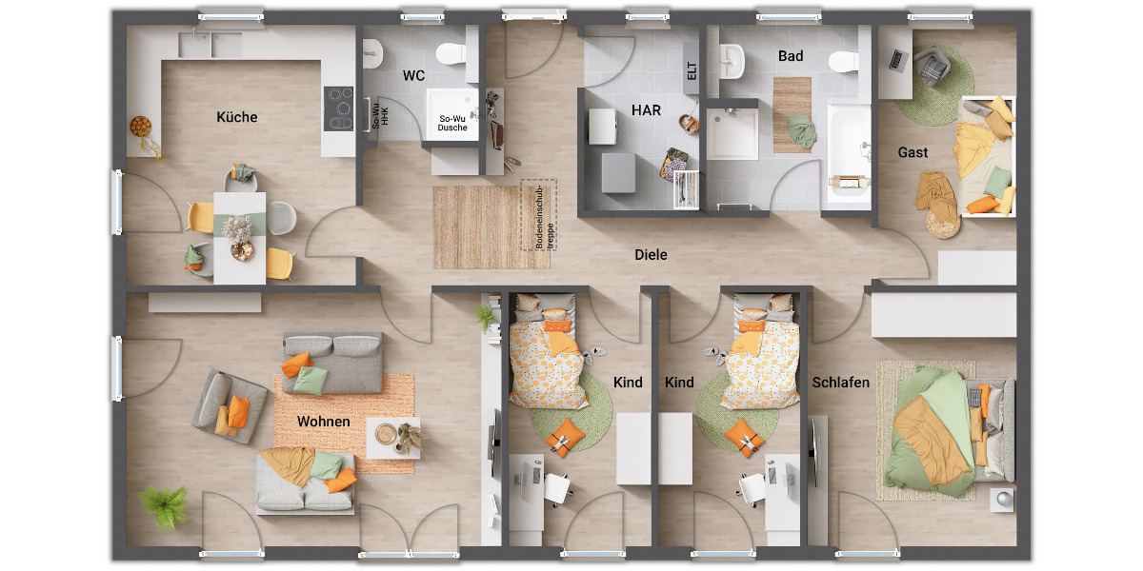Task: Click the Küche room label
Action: click(237, 117)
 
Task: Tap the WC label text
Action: click(413, 75)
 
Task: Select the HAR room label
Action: click(646, 109)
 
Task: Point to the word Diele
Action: click(652, 255)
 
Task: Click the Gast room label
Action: click(912, 152)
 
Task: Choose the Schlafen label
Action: click(841, 383)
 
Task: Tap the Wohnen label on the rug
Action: click(323, 422)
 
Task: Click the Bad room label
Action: click(791, 56)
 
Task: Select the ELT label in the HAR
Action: click(691, 71)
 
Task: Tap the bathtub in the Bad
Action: click(849, 152)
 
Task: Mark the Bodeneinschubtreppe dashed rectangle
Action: click(538, 214)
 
